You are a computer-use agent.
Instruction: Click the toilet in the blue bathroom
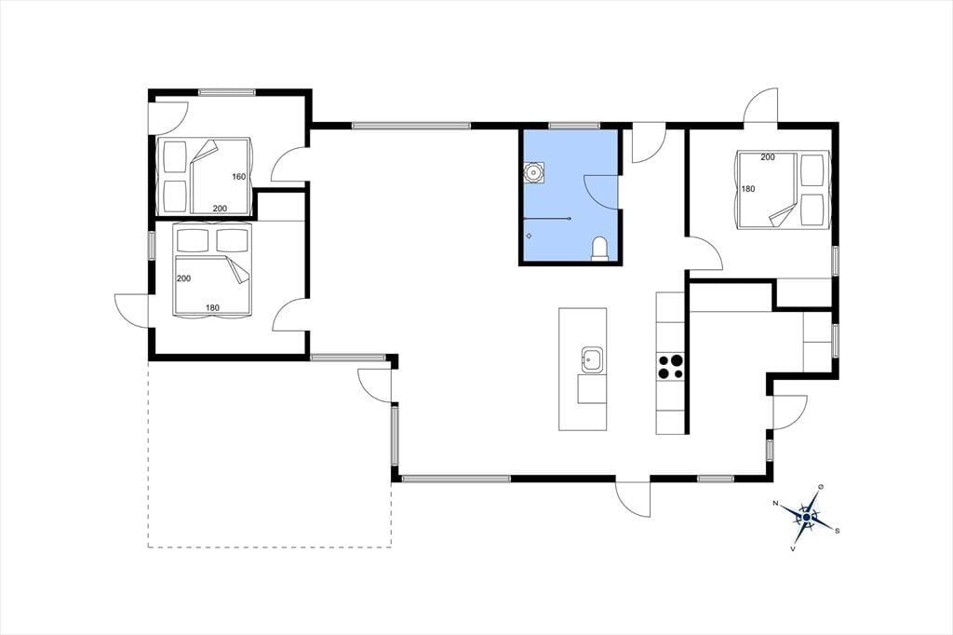click(599, 249)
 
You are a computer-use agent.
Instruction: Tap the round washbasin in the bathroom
click(533, 172)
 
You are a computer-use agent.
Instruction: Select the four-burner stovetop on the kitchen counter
click(670, 366)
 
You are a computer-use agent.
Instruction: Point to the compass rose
click(807, 517)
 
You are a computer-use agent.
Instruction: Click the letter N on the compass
click(775, 503)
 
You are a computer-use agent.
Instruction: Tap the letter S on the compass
click(838, 531)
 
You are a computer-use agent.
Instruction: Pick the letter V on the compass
click(793, 548)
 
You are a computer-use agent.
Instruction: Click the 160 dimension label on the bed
click(239, 177)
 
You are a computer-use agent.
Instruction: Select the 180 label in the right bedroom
click(747, 189)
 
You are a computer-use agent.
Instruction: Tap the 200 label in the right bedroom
click(768, 157)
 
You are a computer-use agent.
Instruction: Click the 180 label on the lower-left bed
click(212, 308)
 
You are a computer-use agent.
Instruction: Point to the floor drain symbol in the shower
click(530, 236)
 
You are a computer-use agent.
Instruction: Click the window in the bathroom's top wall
click(574, 126)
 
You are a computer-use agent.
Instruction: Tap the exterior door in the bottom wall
click(633, 499)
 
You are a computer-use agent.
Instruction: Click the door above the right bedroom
click(760, 107)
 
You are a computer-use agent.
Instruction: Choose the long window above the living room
click(410, 126)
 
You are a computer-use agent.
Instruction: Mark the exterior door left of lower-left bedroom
click(132, 311)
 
